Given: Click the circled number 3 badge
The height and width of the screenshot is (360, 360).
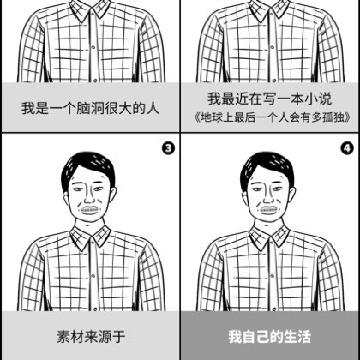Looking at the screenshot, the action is click(169, 148).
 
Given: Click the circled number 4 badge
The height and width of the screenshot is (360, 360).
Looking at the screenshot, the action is click(347, 148).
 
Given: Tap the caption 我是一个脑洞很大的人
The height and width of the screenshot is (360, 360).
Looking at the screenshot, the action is click(90, 109).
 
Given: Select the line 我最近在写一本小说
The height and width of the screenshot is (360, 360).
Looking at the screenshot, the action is click(270, 99).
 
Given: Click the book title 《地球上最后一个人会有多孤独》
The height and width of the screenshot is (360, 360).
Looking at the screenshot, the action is click(272, 117).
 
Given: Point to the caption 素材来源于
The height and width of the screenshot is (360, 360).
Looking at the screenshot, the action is click(92, 336).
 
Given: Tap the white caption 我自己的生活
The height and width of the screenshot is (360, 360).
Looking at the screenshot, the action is click(269, 336).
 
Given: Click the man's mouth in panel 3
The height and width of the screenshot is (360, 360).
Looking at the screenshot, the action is click(90, 210).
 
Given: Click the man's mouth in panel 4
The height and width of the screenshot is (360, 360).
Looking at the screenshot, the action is click(268, 210).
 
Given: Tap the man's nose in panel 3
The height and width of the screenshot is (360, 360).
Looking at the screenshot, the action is click(89, 198).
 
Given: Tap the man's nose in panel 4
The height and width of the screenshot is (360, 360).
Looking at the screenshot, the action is click(268, 198).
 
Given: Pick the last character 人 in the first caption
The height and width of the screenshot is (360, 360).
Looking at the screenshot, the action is click(153, 109).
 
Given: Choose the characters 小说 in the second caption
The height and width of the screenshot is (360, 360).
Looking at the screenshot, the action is click(318, 99).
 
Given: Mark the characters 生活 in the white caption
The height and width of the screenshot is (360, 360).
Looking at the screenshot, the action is click(297, 336).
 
